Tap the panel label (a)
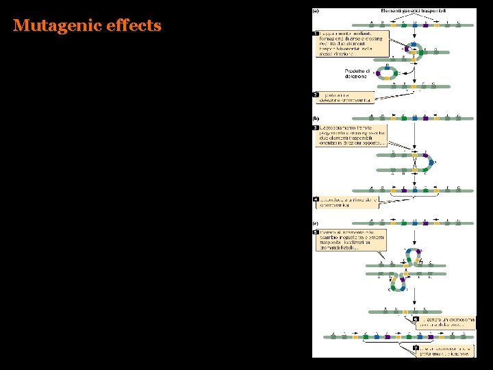coord(316,12)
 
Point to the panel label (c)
coord(316,222)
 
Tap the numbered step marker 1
coord(316,32)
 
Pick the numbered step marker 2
coord(316,95)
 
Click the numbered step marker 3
coord(316,127)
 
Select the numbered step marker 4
coord(316,200)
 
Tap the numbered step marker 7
coord(416,349)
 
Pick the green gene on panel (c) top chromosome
coord(403,223)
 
